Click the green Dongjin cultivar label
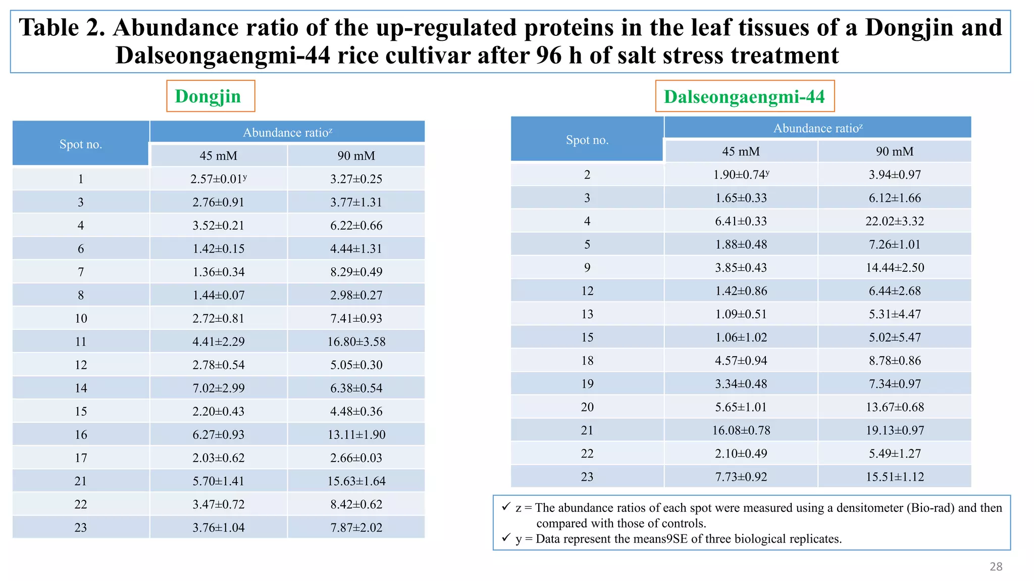[x=208, y=96]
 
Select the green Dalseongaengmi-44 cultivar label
[x=744, y=96]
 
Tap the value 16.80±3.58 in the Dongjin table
[x=356, y=342]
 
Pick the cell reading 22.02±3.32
[x=894, y=221]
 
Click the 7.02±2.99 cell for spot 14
[x=218, y=388]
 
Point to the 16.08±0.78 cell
[x=741, y=431]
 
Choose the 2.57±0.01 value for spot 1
[x=218, y=179]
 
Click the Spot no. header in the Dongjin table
[x=81, y=144]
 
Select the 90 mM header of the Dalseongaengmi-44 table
[x=894, y=152]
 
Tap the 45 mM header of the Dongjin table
[x=218, y=156]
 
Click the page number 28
[x=996, y=567]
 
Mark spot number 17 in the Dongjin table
[x=81, y=458]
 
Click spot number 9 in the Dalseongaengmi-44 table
[x=587, y=268]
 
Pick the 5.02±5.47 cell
[x=894, y=337]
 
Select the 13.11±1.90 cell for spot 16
[x=356, y=435]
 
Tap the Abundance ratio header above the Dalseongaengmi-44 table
[x=817, y=129]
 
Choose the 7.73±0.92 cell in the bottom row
[x=741, y=477]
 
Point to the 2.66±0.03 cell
[x=356, y=458]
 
